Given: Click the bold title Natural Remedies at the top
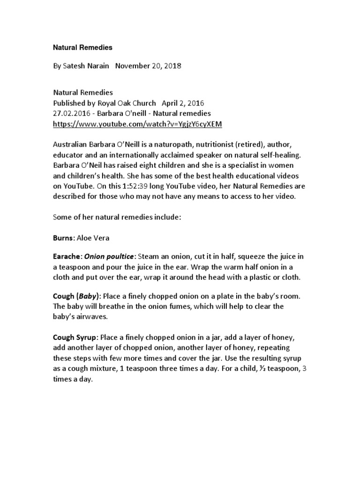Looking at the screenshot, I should point(82,47).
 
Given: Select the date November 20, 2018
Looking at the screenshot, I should point(148,66).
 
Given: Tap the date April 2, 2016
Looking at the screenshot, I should point(183,103).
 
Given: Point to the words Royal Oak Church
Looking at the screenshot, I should point(127,103).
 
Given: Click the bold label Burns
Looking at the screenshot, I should point(62,238).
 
